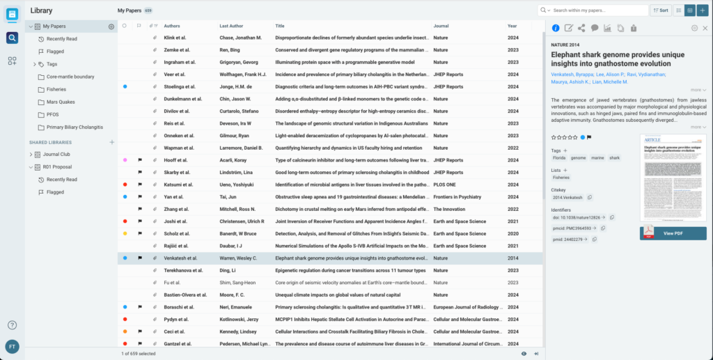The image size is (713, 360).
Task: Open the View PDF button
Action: pyautogui.click(x=673, y=233)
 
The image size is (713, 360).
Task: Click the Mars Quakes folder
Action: pyautogui.click(x=61, y=102)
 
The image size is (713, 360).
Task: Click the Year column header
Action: pyautogui.click(x=512, y=26)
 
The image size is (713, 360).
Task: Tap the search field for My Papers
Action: pyautogui.click(x=597, y=10)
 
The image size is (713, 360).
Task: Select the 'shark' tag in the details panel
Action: pyautogui.click(x=615, y=158)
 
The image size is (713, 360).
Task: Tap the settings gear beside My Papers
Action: pyautogui.click(x=111, y=26)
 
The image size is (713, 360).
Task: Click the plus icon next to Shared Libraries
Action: pyautogui.click(x=111, y=142)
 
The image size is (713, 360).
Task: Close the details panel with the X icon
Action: pyautogui.click(x=705, y=28)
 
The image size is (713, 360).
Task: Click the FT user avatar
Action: pyautogui.click(x=13, y=346)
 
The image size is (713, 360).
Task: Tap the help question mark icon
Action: pyautogui.click(x=13, y=325)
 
